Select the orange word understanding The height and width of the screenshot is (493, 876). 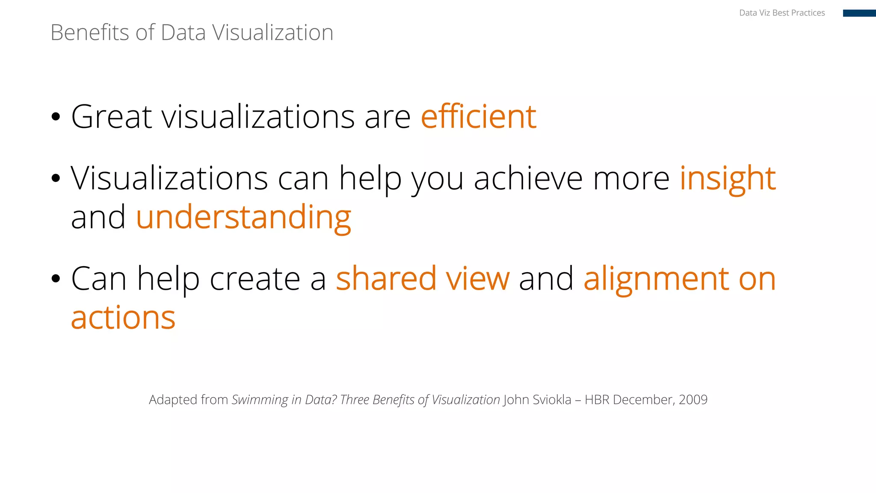point(243,217)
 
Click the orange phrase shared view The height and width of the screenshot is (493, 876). point(423,279)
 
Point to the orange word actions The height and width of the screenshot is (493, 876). point(123,318)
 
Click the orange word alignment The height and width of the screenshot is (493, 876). point(656,279)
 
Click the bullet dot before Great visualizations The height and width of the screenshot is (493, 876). point(56,117)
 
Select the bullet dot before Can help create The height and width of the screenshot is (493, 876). point(56,279)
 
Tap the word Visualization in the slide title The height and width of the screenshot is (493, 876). point(272,33)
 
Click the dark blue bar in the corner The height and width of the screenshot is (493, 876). point(859,13)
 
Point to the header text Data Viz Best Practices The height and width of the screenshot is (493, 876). point(782,13)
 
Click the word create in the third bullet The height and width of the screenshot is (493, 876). point(255,279)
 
